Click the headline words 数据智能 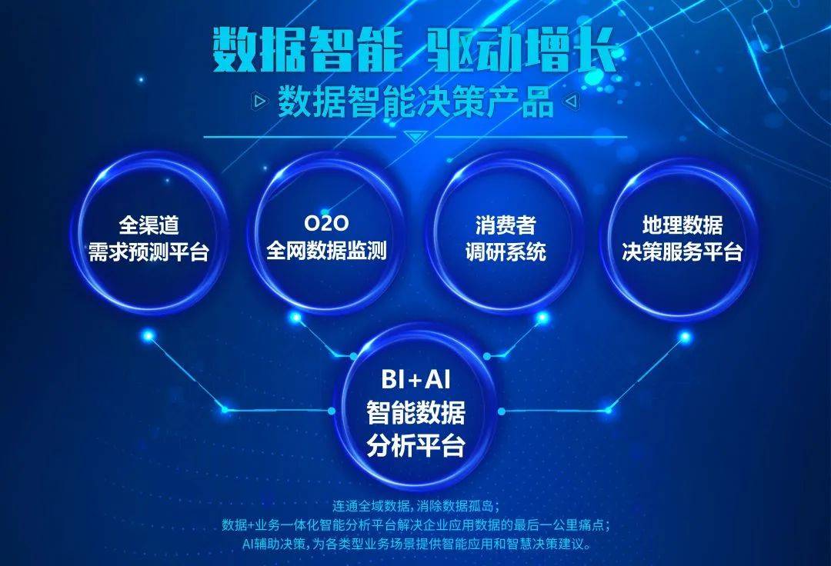click(x=307, y=52)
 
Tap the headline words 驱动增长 click(x=522, y=52)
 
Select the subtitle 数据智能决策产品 click(x=415, y=101)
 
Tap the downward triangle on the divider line click(x=415, y=137)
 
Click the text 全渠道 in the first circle click(x=149, y=225)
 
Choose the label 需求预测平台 click(x=149, y=252)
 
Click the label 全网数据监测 click(x=326, y=251)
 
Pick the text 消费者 click(x=505, y=225)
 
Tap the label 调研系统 click(x=505, y=252)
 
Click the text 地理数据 click(x=682, y=225)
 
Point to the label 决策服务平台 click(x=682, y=252)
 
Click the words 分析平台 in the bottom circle click(x=415, y=446)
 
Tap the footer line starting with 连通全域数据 click(x=416, y=506)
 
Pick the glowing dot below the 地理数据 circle click(x=684, y=336)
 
